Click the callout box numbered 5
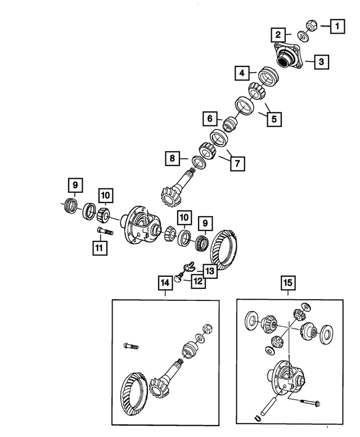[275, 119]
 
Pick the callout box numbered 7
[237, 163]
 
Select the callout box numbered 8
[173, 159]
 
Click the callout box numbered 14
[165, 285]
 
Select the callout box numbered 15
[287, 285]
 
